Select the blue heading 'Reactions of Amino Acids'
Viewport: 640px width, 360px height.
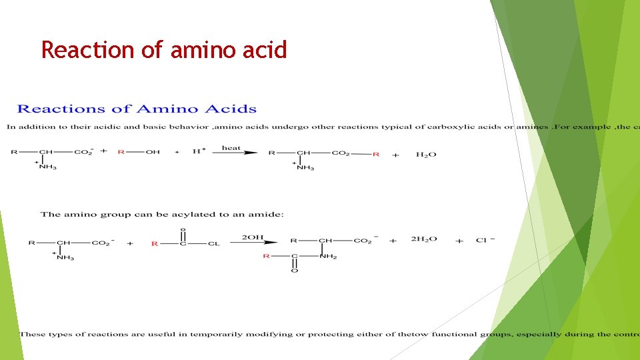pos(137,109)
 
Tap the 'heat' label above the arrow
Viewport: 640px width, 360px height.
pos(231,147)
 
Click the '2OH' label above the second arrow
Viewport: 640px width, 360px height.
pos(253,237)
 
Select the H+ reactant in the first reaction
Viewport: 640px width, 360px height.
pos(198,152)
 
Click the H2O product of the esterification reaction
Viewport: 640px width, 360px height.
pos(426,155)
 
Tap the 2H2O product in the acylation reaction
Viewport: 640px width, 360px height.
pos(424,239)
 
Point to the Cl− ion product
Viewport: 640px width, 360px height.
pos(485,240)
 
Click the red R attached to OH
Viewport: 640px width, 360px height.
pos(121,152)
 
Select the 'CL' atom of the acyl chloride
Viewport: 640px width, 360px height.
pos(213,243)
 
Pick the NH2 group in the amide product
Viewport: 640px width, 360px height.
pos(329,256)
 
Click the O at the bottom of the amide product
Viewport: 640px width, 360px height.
pos(294,271)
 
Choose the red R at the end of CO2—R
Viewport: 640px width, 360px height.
pos(376,154)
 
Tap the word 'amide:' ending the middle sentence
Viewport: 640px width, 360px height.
pos(269,214)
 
